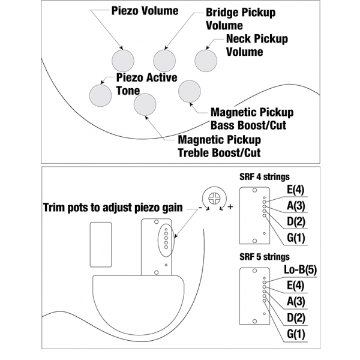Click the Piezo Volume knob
point(123,61)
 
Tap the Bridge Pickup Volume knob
point(164,61)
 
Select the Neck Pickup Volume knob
point(206,61)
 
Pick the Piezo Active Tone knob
point(100,95)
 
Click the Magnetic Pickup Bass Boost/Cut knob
point(190,91)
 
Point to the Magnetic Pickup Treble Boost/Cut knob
point(145,104)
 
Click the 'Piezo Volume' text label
point(145,11)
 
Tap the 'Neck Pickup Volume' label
point(257,45)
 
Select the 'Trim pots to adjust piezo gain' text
point(113,208)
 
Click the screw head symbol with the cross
point(214,199)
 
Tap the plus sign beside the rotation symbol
point(230,207)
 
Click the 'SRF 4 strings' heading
point(265,177)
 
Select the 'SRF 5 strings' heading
point(265,257)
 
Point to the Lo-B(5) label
point(301,270)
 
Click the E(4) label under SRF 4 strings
point(296,190)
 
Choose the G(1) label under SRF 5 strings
point(296,334)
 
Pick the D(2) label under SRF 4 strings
point(296,221)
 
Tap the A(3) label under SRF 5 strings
point(296,301)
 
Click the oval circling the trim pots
point(158,241)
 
